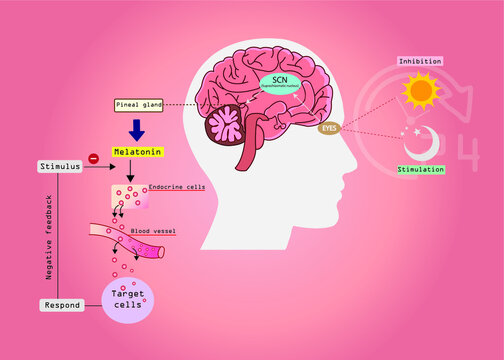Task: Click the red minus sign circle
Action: point(93,158)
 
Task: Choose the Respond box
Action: point(61,304)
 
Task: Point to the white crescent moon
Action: point(419,146)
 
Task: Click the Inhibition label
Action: point(419,61)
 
